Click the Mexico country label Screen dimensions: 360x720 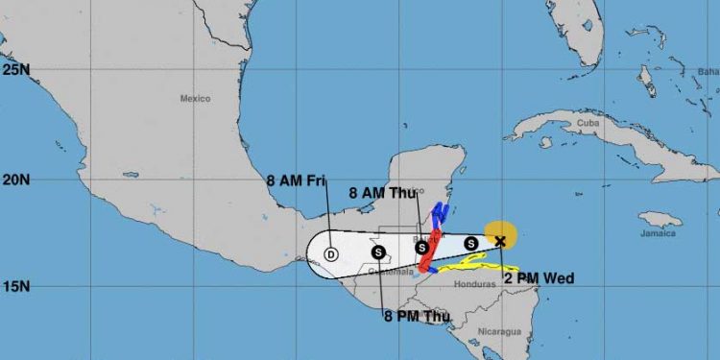[x=195, y=98]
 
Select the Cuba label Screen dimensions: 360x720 [x=587, y=124]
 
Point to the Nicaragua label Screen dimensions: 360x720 [x=501, y=331]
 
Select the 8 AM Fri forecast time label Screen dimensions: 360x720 [x=297, y=179]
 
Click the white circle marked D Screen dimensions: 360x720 [x=331, y=254]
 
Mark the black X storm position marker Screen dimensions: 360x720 [x=499, y=241]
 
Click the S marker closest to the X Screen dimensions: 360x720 [x=471, y=243]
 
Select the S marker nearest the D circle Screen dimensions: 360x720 [x=379, y=252]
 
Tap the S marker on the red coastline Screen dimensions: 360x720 [x=421, y=248]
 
